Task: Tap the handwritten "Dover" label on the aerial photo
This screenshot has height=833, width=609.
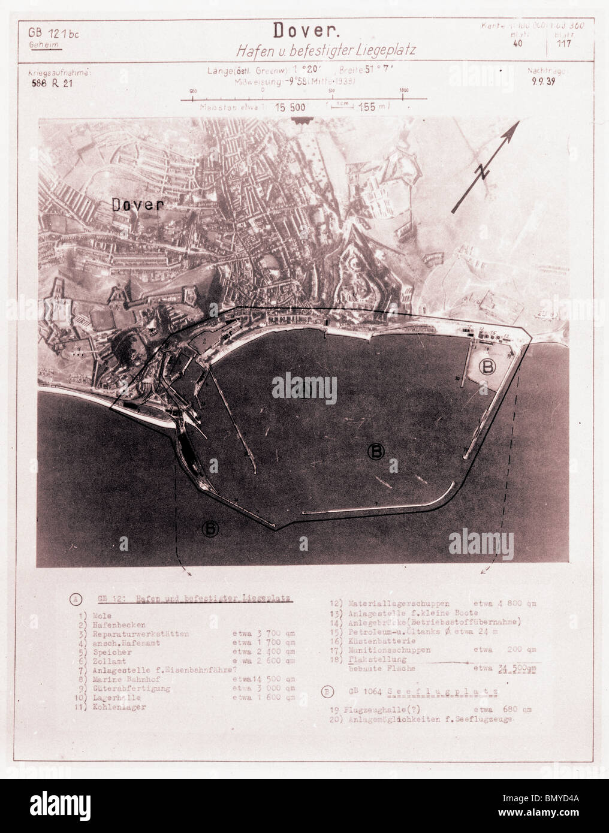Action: point(137,205)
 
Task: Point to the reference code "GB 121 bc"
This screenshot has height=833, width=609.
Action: point(53,34)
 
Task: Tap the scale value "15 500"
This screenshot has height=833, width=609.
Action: point(290,108)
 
